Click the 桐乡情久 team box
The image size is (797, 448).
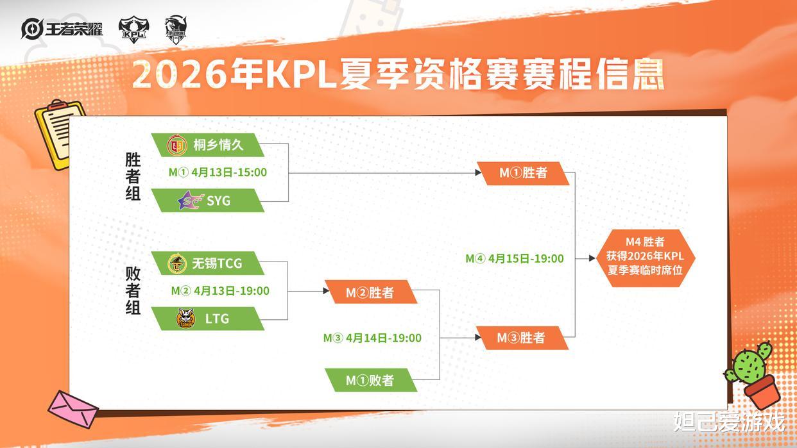pos(207,145)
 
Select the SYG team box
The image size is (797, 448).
pos(207,201)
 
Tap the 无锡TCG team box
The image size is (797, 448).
pos(207,263)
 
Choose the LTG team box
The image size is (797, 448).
pos(207,319)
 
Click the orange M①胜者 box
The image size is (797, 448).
pos(522,173)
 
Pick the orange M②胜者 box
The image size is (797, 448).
pos(370,292)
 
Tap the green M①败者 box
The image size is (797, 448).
pos(370,380)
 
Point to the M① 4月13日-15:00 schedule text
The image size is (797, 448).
pos(218,172)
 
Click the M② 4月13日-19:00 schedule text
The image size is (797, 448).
pos(219,291)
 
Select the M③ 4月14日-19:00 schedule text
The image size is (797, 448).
pos(372,338)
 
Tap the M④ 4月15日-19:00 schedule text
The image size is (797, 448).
pos(515,259)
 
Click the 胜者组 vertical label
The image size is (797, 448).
pos(133,177)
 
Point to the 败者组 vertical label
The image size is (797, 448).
pos(133,290)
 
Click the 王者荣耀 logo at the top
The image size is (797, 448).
pos(62,29)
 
